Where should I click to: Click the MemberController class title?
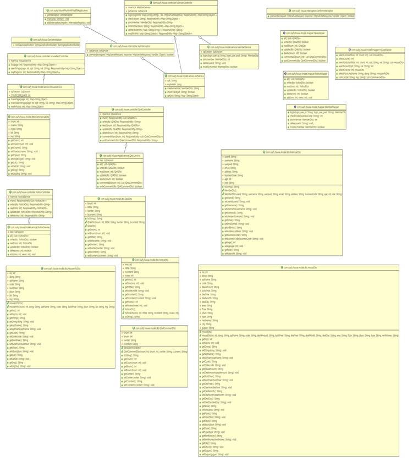pos(171,3)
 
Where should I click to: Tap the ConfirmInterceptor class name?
pos(311,10)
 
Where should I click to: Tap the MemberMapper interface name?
pos(316,107)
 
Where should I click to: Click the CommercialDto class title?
pos(29,117)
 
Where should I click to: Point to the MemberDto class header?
pos(282,152)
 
